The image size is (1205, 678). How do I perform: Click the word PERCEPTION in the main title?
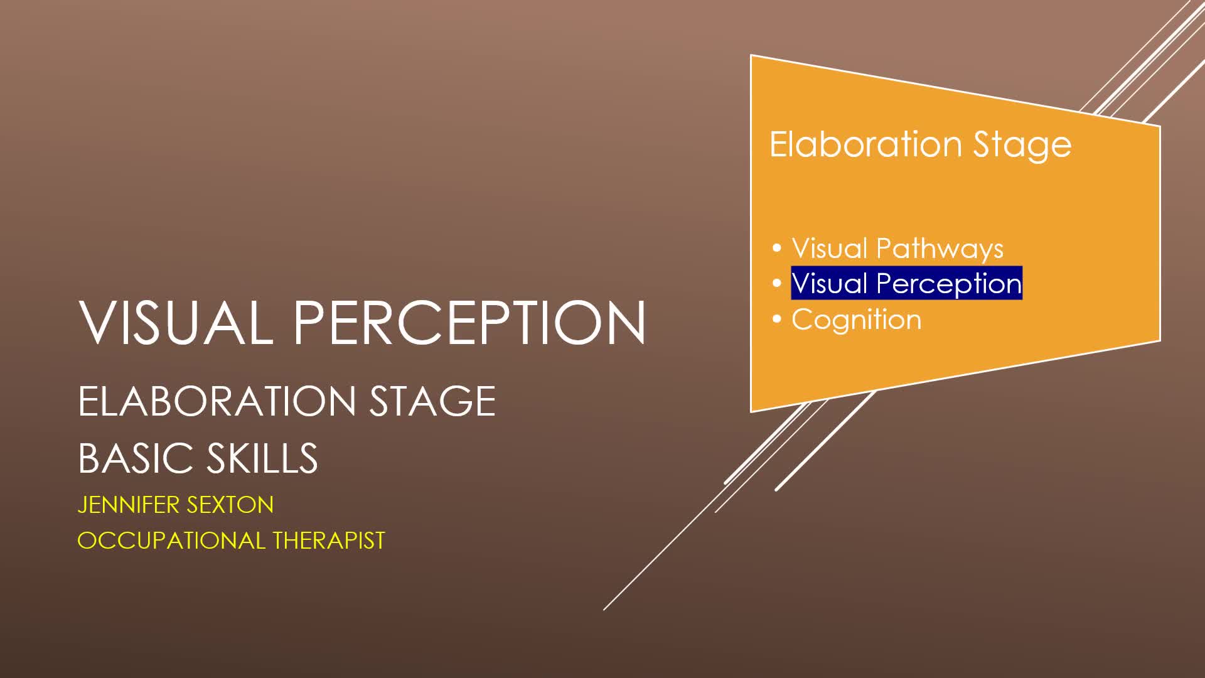point(470,322)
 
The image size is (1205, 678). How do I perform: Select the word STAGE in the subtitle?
point(432,401)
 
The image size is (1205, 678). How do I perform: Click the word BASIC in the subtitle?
point(135,458)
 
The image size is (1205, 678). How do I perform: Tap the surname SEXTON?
point(230,505)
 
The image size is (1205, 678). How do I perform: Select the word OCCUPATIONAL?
point(171,541)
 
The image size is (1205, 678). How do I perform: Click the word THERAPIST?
point(329,541)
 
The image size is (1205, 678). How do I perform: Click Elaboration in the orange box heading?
point(866,144)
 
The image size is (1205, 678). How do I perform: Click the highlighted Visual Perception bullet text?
point(907,284)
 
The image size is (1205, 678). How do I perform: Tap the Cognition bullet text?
point(857,321)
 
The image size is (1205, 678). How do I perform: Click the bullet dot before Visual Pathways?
point(777,248)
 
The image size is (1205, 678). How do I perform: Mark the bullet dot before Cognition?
point(777,320)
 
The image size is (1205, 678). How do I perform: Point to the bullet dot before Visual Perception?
point(777,284)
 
